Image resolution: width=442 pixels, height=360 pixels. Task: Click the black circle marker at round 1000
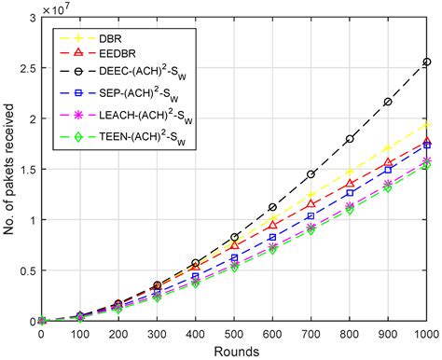[x=427, y=62]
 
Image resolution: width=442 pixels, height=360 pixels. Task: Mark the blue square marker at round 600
[x=272, y=238]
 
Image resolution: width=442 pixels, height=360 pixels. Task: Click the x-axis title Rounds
[x=234, y=351]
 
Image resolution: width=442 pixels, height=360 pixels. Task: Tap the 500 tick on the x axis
[x=234, y=333]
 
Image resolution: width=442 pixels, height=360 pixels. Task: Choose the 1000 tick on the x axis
[x=425, y=333]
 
